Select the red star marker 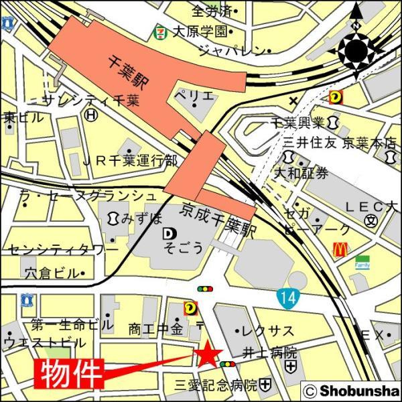[208, 354]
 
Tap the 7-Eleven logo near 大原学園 [161, 30]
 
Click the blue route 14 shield [287, 295]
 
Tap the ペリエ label [195, 95]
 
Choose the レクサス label [268, 331]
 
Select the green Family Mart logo [362, 261]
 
